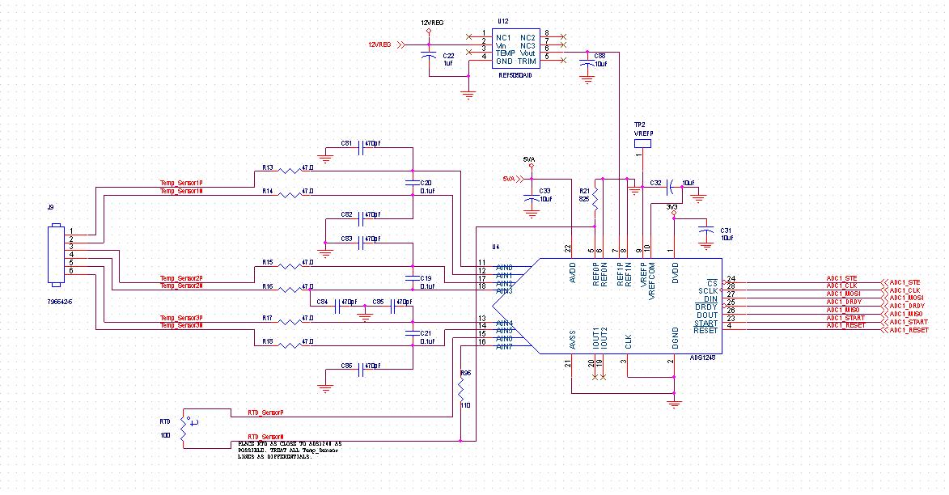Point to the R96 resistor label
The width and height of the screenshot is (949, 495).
(x=465, y=373)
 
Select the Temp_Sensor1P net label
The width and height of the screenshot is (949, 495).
(x=181, y=184)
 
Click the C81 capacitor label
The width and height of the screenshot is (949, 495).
(x=346, y=143)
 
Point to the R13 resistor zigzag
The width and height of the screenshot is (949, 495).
(x=288, y=171)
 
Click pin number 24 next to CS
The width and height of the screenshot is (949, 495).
(x=731, y=279)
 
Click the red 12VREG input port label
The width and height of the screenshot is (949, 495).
(x=379, y=45)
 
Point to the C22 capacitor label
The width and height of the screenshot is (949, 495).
(x=448, y=55)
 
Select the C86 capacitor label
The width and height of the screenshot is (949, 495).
(x=346, y=366)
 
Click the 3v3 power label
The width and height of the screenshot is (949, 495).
(x=672, y=206)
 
